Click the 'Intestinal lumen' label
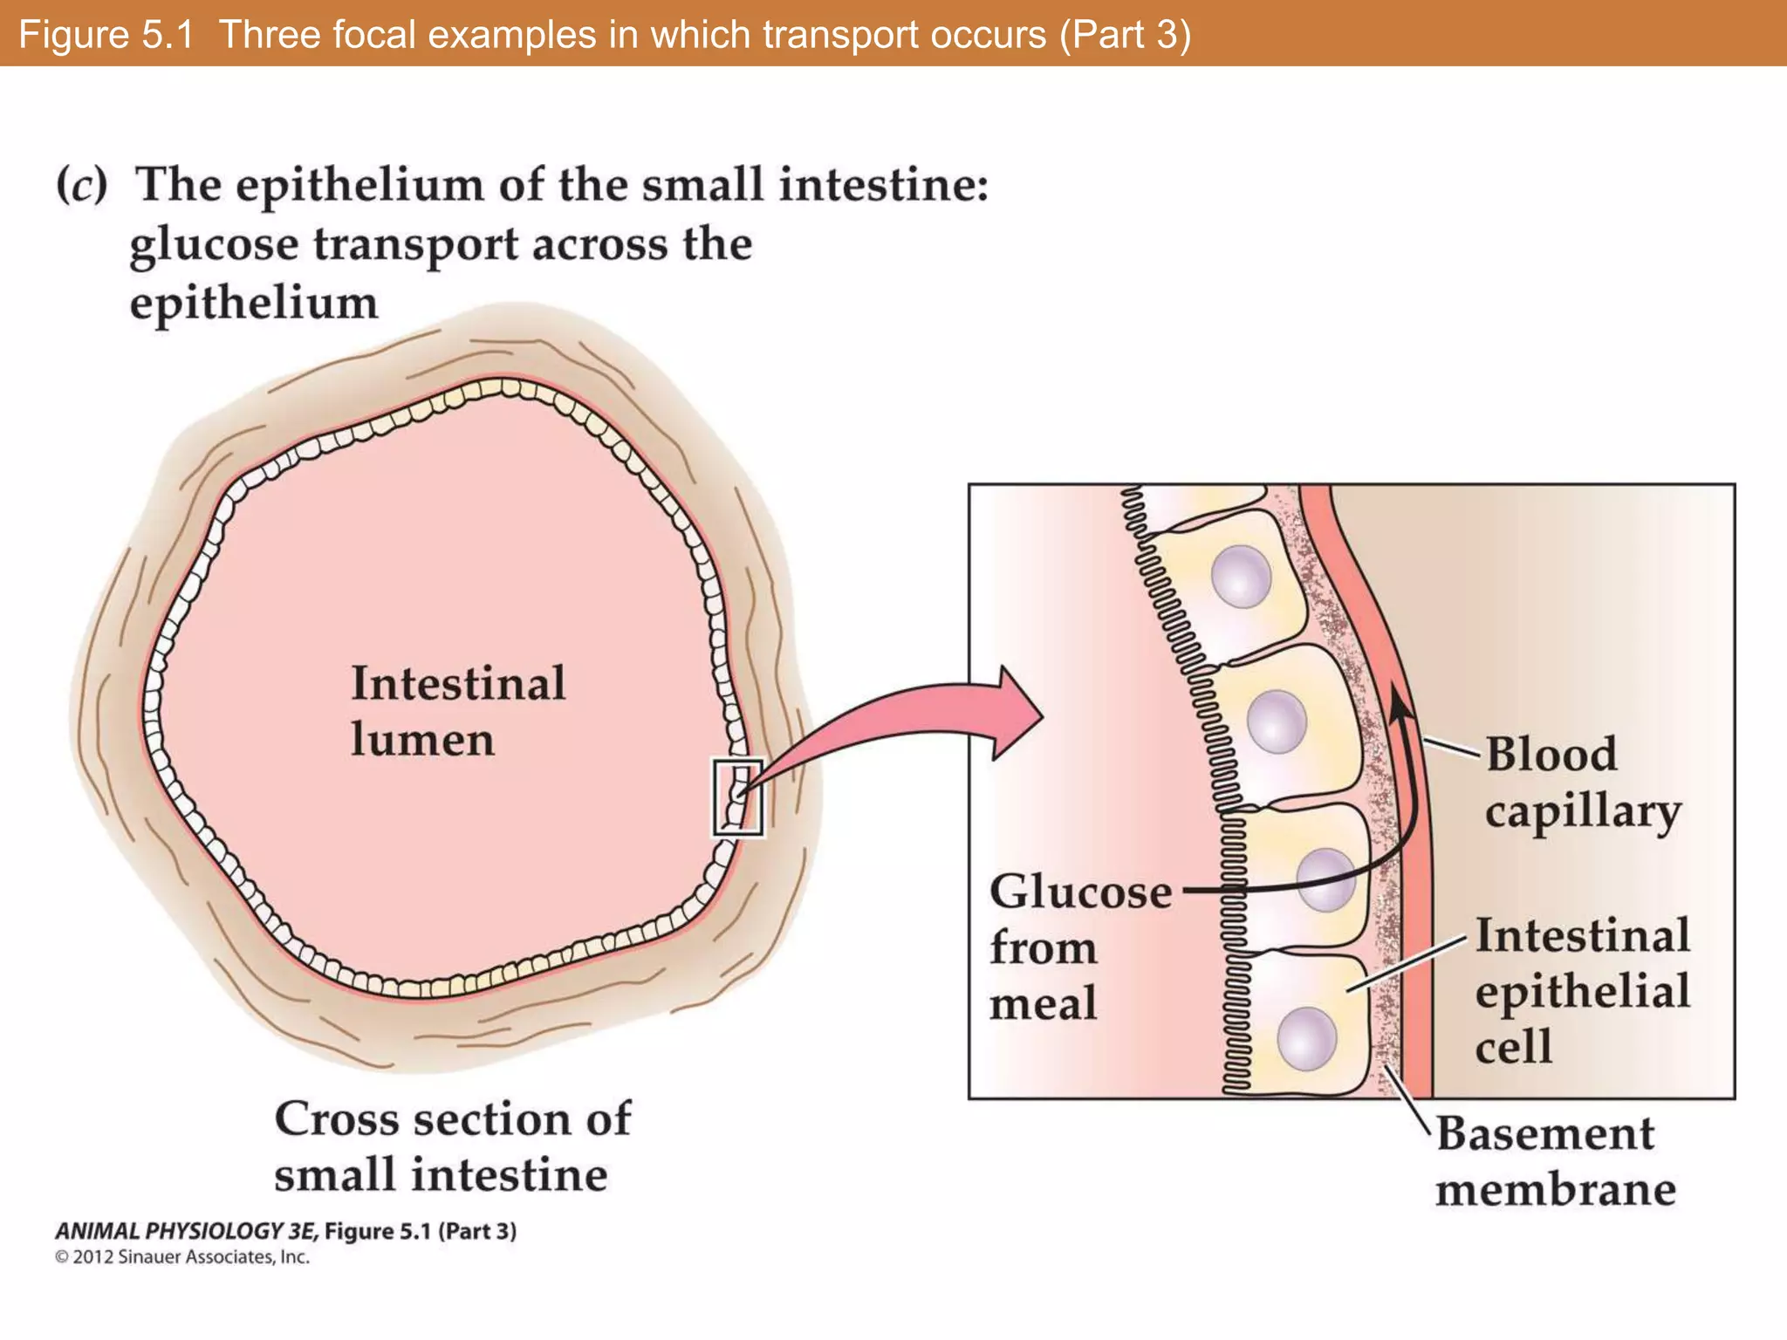pyautogui.click(x=457, y=711)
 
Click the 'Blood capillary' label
pyautogui.click(x=1581, y=782)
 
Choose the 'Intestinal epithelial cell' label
pyautogui.click(x=1581, y=990)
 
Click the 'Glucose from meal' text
pyautogui.click(x=1080, y=947)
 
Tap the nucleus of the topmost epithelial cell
pyautogui.click(x=1241, y=577)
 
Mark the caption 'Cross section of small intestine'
pyautogui.click(x=452, y=1145)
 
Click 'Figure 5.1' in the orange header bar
pyautogui.click(x=106, y=35)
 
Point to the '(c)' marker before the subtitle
pyautogui.click(x=82, y=185)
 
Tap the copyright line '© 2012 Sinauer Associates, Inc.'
pyautogui.click(x=182, y=1257)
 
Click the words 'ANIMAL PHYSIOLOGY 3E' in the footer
pyautogui.click(x=187, y=1231)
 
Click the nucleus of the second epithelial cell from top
pyautogui.click(x=1277, y=721)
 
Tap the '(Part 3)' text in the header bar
pyautogui.click(x=1126, y=35)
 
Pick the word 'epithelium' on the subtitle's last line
pyautogui.click(x=254, y=304)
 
